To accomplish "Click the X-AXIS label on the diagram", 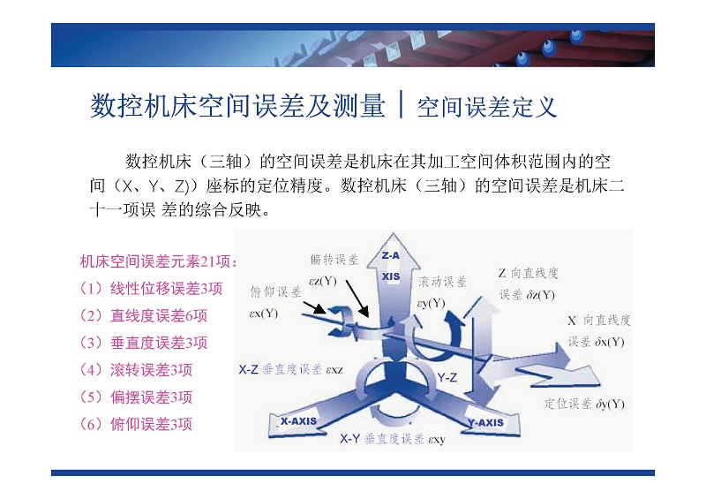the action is pyautogui.click(x=298, y=421).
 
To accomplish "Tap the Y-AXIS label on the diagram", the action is pyautogui.click(x=484, y=423).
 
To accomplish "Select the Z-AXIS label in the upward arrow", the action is pyautogui.click(x=390, y=266).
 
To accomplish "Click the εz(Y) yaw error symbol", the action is pyautogui.click(x=323, y=281).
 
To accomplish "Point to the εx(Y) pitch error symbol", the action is pyautogui.click(x=263, y=314).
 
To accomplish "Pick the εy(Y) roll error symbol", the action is pyautogui.click(x=431, y=302).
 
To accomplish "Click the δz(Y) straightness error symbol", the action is pyautogui.click(x=540, y=295).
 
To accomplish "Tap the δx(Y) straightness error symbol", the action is pyautogui.click(x=610, y=342).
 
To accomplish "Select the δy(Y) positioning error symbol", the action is pyautogui.click(x=610, y=404).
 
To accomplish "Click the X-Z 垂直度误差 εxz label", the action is pyautogui.click(x=291, y=370).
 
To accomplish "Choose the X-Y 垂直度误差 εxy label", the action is pyautogui.click(x=393, y=439).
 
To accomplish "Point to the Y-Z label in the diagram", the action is pyautogui.click(x=447, y=377).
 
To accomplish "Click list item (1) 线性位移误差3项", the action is pyautogui.click(x=151, y=289).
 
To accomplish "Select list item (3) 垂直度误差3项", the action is pyautogui.click(x=143, y=343).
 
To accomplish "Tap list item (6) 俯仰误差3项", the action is pyautogui.click(x=136, y=424).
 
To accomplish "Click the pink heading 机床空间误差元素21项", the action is pyautogui.click(x=158, y=261).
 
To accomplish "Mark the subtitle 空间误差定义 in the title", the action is pyautogui.click(x=487, y=107).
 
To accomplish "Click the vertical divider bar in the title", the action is pyautogui.click(x=401, y=104).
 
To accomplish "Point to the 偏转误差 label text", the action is pyautogui.click(x=334, y=259).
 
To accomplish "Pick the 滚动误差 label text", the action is pyautogui.click(x=442, y=282).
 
